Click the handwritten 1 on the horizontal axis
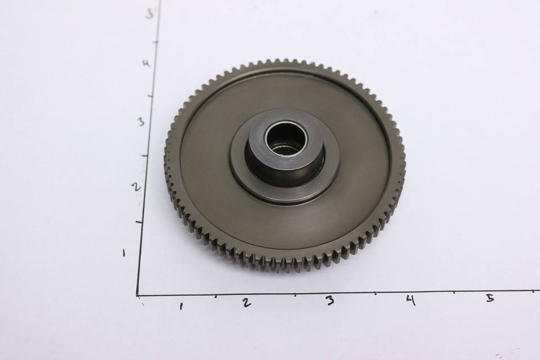click(x=181, y=306)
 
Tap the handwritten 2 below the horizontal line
click(x=246, y=302)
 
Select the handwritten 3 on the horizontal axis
click(x=330, y=300)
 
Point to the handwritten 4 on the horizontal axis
click(x=411, y=300)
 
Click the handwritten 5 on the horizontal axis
click(x=490, y=298)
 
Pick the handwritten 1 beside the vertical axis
click(x=124, y=253)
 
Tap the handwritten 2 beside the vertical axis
click(x=136, y=187)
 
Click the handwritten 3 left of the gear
click(x=141, y=121)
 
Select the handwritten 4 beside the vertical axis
click(x=146, y=63)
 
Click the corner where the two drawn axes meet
click(x=138, y=294)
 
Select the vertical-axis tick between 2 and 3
click(x=145, y=156)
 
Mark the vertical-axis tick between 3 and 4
click(x=150, y=96)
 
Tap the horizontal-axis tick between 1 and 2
click(x=216, y=295)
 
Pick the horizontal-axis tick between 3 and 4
click(x=376, y=293)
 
